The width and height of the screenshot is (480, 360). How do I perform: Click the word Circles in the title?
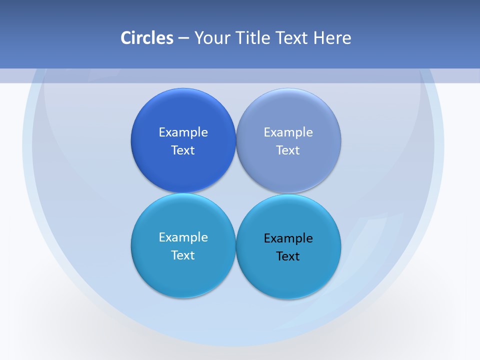147,38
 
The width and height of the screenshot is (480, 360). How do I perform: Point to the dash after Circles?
183,38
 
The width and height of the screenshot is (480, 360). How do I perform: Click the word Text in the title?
292,38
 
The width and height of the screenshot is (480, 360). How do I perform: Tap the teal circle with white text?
183,275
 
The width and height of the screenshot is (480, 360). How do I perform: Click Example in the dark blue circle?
183,132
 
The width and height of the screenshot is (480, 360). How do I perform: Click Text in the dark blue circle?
183,150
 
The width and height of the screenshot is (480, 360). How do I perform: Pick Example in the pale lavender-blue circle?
288,132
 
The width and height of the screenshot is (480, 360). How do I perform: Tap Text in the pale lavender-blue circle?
288,150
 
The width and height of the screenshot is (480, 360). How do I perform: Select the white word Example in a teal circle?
183,237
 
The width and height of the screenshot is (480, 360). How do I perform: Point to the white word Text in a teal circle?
183,255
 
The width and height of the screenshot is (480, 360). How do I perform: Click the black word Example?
288,238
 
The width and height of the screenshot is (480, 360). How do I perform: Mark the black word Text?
288,256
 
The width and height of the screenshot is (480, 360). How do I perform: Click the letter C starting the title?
126,38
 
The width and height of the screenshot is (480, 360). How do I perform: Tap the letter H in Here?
319,38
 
